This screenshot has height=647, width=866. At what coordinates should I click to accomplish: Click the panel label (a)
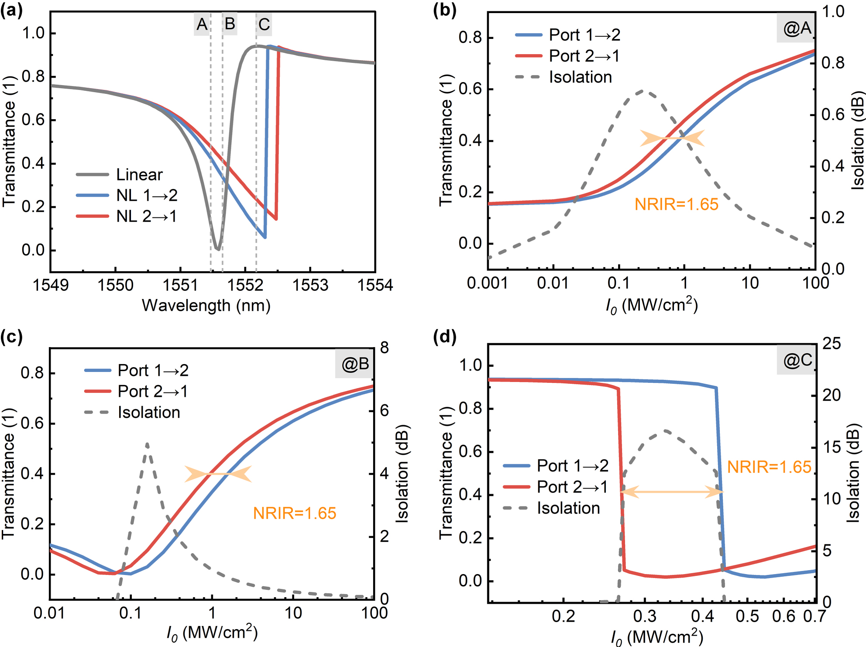click(11, 10)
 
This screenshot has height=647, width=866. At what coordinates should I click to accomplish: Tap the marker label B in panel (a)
click(230, 24)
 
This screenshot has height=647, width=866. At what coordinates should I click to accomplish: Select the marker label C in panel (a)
click(264, 24)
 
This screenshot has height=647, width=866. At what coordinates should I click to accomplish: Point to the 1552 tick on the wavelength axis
click(245, 285)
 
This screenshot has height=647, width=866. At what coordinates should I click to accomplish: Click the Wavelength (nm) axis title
click(206, 305)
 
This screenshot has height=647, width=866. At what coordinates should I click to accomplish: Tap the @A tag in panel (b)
click(797, 28)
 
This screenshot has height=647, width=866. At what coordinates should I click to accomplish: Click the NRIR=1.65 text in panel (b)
click(676, 204)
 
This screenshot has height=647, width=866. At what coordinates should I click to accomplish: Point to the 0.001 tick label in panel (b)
click(487, 283)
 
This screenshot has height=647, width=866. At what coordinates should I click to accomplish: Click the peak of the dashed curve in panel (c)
click(147, 444)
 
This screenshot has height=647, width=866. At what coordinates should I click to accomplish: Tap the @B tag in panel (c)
click(355, 364)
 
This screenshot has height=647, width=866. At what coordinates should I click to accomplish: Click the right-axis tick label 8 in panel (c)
click(384, 348)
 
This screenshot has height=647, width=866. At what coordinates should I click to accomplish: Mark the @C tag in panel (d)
click(797, 360)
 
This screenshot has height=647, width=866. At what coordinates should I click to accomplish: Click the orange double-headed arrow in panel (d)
click(672, 492)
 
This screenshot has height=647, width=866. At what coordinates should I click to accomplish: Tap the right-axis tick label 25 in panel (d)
click(831, 344)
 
